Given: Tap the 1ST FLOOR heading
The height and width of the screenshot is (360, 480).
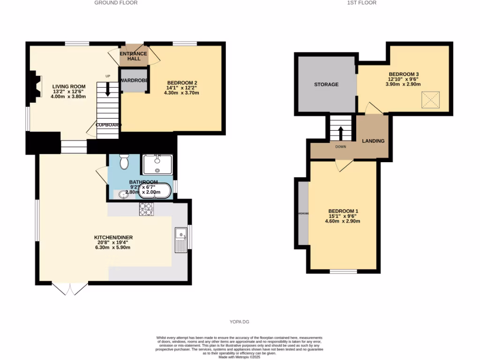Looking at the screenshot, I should click(361, 3).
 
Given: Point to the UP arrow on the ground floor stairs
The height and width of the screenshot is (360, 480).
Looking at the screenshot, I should click(108, 89).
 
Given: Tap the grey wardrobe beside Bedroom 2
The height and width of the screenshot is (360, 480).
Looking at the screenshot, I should click(134, 80).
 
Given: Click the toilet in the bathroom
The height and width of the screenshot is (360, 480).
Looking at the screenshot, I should click(124, 162).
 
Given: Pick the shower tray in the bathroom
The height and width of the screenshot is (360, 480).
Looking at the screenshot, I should click(157, 165).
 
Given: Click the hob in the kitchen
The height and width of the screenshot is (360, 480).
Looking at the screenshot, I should click(146, 209).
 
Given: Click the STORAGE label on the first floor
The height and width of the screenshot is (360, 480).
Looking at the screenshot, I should click(326, 84).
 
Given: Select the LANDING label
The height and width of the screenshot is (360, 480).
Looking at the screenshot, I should click(373, 141).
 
